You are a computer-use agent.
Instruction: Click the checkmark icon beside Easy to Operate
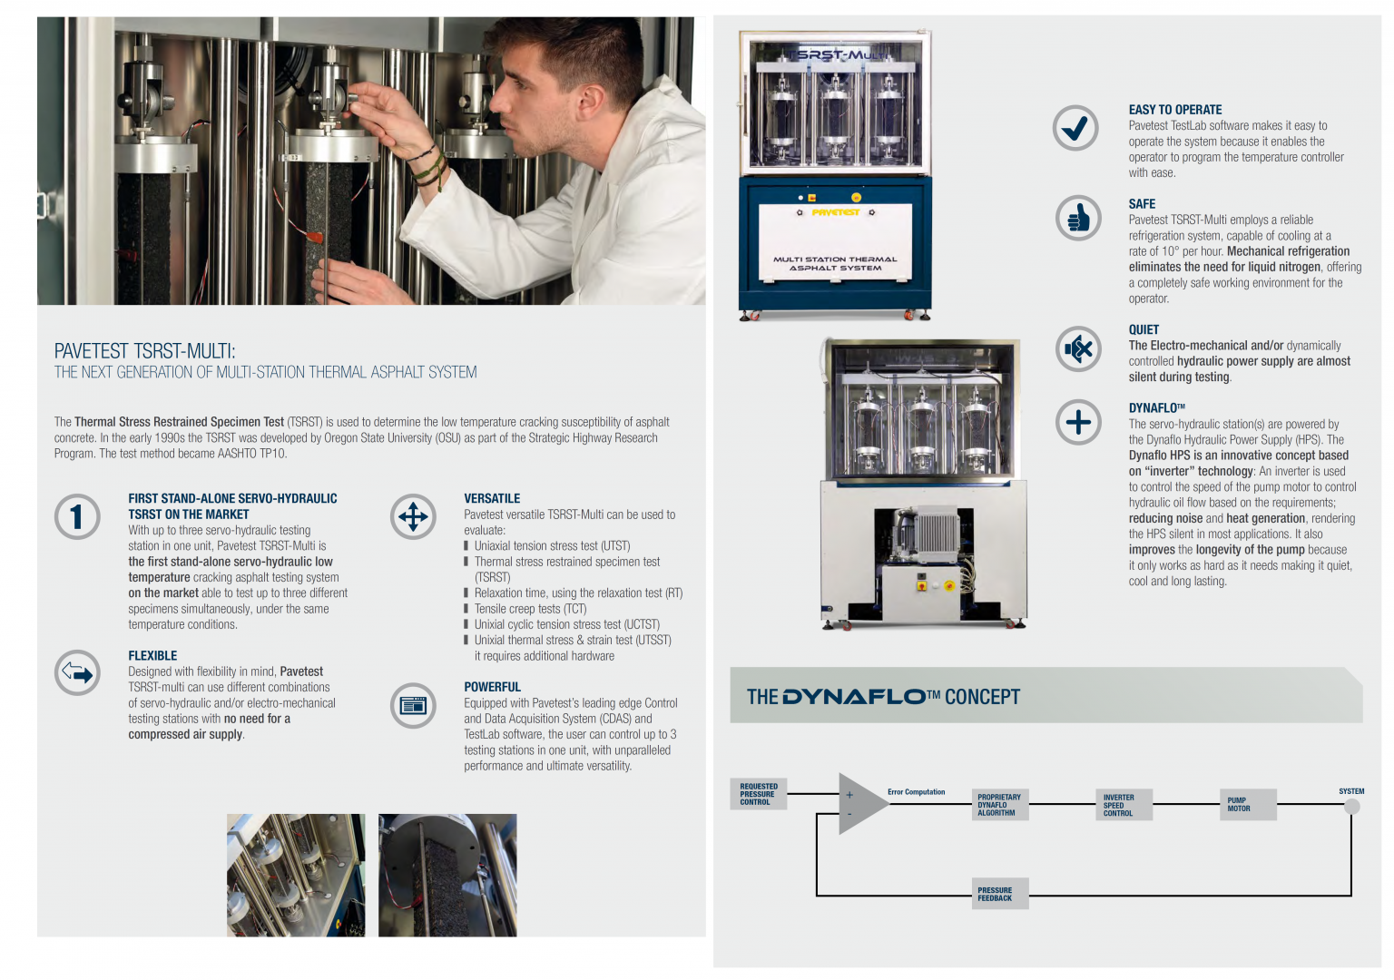[1075, 128]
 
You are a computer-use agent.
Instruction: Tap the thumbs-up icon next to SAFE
[1078, 218]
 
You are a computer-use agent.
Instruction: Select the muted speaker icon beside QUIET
[1078, 348]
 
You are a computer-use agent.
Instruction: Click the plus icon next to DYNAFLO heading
[1078, 422]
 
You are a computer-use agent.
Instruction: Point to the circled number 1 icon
[77, 516]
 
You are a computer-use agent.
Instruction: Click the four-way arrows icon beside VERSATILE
[413, 516]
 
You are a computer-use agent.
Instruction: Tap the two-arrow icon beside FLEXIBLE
[77, 673]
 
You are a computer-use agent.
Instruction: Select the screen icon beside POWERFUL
[413, 705]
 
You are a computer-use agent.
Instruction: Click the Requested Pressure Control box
[758, 794]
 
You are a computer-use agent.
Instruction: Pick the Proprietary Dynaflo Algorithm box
[999, 805]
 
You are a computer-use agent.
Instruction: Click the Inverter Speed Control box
[1123, 805]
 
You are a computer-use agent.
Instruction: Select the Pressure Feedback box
[999, 894]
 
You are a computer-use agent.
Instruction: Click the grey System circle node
[1351, 806]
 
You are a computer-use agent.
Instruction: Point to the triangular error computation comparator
[859, 804]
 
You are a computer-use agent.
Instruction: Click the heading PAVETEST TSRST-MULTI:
[145, 351]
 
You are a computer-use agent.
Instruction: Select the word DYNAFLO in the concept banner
[853, 697]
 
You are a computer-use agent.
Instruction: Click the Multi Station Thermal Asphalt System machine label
[835, 263]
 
